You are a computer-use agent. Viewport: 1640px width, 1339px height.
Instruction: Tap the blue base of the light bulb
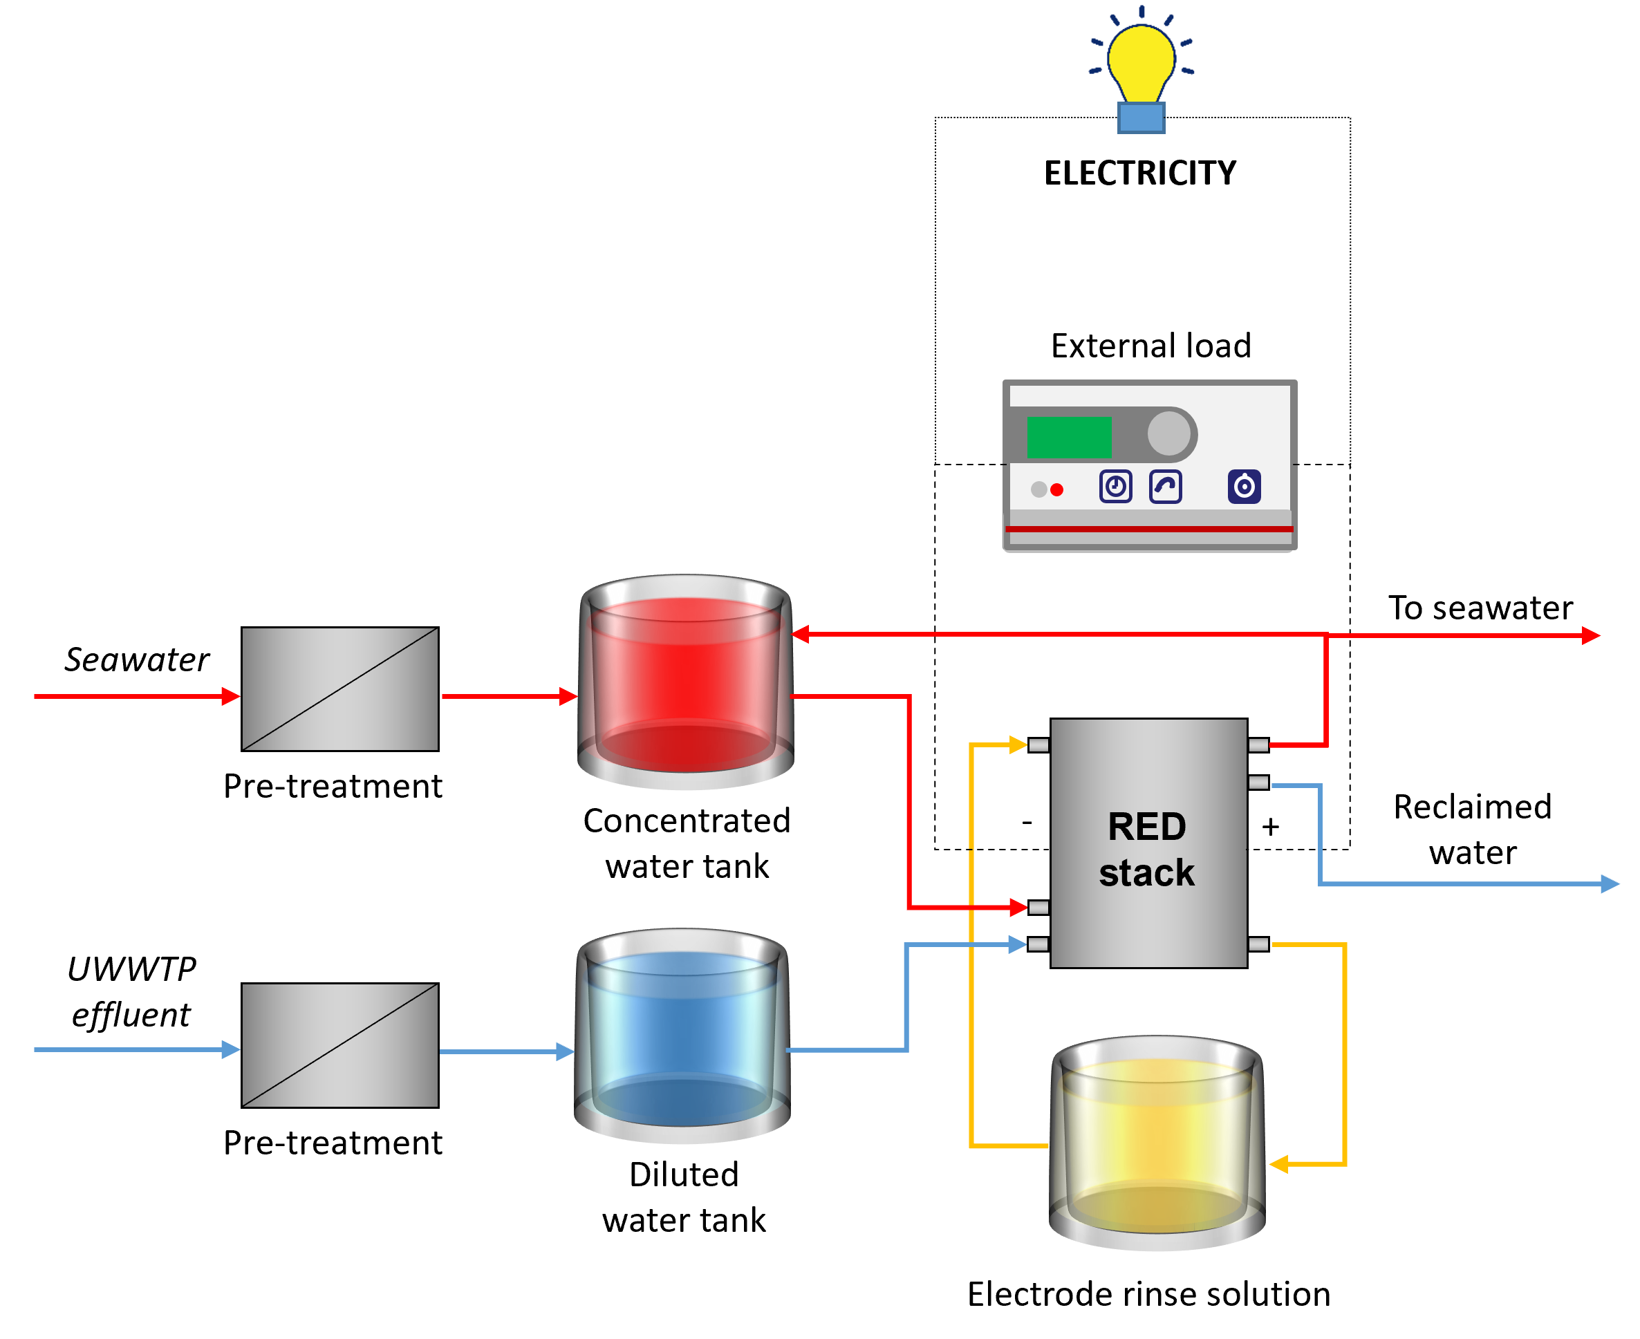1141,118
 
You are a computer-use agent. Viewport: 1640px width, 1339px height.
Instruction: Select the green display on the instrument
1068,438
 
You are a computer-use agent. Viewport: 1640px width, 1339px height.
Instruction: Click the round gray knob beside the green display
1168,433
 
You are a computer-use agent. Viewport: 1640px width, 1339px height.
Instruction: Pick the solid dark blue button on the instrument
1244,487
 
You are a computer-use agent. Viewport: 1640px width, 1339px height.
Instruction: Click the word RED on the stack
1146,827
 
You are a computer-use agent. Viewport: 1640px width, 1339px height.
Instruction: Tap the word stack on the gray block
1146,873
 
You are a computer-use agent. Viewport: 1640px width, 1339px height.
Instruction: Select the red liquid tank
685,682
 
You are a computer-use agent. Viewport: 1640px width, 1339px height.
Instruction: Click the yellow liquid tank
1157,1143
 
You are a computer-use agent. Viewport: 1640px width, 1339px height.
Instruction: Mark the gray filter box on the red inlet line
339,689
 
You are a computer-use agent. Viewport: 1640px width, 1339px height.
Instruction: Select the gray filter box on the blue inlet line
339,1045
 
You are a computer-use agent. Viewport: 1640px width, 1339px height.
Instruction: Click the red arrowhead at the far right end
1591,635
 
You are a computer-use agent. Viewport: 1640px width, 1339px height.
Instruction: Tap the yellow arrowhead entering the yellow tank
1278,1164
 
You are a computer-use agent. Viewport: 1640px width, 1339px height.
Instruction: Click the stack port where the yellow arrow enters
1038,745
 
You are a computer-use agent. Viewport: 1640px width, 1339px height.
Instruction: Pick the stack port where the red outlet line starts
1258,745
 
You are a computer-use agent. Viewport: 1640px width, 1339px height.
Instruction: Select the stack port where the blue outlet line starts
1258,783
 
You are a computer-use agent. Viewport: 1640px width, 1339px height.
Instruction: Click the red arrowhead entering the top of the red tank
800,634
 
